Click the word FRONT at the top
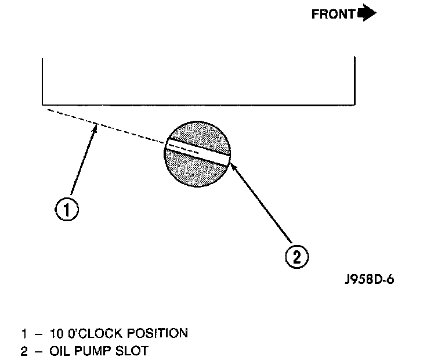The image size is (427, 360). [332, 15]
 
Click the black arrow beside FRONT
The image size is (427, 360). [367, 13]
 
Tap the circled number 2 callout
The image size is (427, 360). [296, 257]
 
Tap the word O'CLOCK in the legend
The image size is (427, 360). [88, 334]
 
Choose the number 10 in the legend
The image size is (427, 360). [53, 334]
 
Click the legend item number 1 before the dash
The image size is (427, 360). [24, 334]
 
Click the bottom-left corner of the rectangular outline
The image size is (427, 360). [43, 104]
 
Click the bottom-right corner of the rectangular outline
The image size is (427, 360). [354, 104]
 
